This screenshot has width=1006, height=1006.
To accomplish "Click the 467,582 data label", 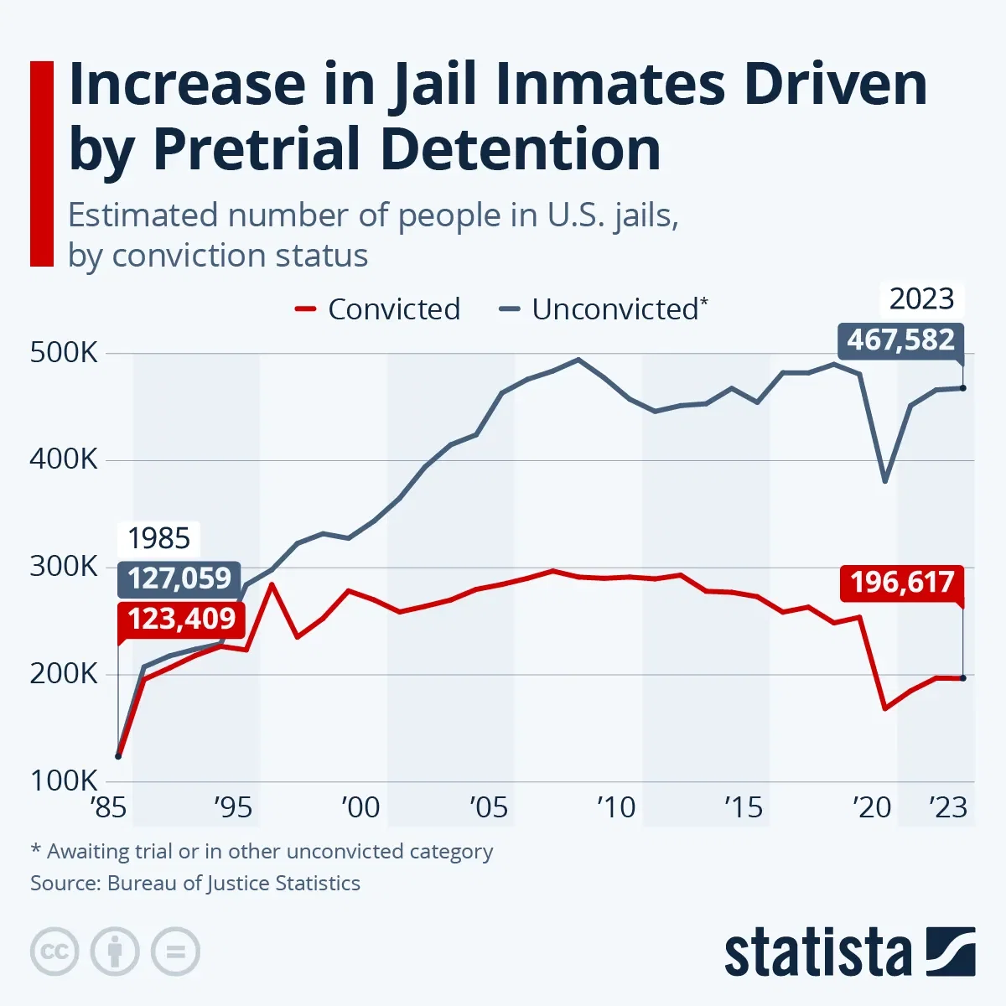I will tap(900, 340).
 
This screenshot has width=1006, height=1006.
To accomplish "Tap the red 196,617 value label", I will tap(902, 582).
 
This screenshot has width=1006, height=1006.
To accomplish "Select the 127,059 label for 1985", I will tap(179, 578).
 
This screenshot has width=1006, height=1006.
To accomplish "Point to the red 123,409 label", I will tap(181, 619).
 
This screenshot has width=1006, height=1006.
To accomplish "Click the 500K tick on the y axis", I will tap(64, 353).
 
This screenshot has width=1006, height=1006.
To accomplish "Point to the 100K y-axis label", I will tap(64, 781).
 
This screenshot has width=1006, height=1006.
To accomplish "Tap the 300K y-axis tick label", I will tap(64, 568).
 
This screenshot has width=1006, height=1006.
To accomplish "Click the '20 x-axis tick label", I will tap(871, 807).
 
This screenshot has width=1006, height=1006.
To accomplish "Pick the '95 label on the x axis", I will tap(232, 807).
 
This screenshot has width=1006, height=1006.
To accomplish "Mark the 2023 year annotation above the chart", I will tap(921, 299).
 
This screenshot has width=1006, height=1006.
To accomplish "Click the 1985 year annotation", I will tap(158, 538).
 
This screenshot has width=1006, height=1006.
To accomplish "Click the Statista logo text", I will tap(817, 953).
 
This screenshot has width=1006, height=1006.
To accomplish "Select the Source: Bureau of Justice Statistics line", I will tap(195, 884).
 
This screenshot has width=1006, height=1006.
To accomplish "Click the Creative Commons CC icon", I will tap(54, 952).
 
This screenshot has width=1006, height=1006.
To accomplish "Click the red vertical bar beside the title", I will tap(41, 163).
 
